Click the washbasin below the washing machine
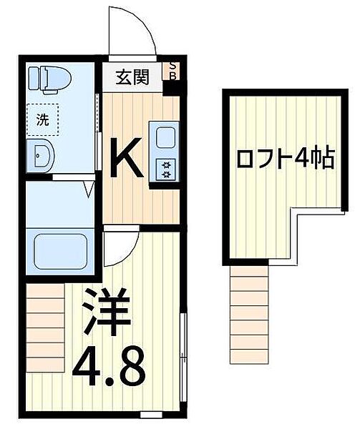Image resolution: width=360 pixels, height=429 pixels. (x=39, y=154)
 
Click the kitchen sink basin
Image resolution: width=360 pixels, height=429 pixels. (x=165, y=137)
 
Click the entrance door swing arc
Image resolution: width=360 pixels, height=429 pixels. (x=132, y=32)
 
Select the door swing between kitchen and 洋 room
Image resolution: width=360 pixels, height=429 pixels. (x=118, y=247)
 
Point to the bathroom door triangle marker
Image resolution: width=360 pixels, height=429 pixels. (x=89, y=189)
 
